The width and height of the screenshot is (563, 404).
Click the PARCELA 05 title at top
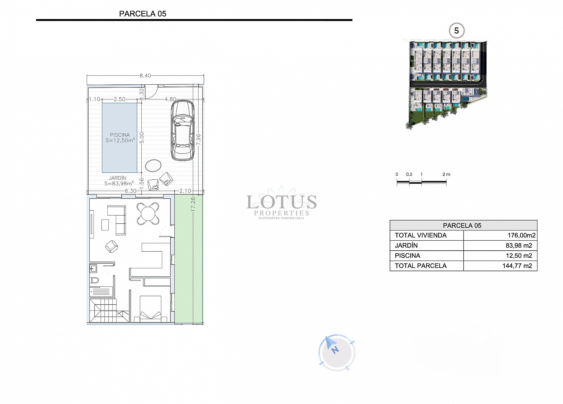point(143,14)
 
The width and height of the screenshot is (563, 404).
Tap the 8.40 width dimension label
point(145,76)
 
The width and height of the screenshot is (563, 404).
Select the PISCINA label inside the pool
point(120,135)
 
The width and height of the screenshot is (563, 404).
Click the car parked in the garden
point(182,130)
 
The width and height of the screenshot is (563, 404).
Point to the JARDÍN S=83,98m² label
point(118,181)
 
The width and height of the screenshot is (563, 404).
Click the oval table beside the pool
point(153,166)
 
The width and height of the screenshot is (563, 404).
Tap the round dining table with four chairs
point(148,214)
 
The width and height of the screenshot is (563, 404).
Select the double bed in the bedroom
point(150,307)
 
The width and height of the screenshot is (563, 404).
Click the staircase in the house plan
point(106,311)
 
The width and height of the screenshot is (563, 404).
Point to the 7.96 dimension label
point(199,140)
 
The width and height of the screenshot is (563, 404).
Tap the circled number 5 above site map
point(456,30)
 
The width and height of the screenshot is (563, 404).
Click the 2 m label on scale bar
point(446,174)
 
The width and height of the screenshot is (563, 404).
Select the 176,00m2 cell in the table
point(521,235)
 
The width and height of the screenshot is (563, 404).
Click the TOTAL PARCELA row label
point(420,266)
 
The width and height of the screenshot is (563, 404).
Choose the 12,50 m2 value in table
point(518,256)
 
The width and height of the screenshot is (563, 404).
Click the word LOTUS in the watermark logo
point(281,202)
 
